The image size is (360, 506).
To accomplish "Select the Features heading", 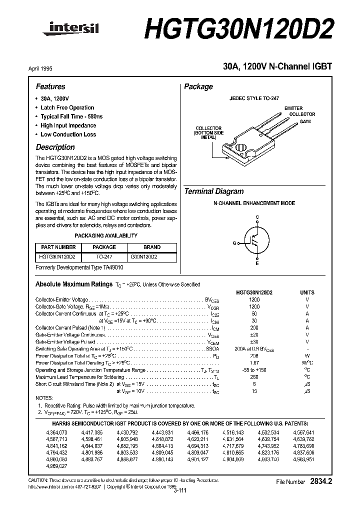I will pos(50,86).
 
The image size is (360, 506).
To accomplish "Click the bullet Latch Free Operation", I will pos(67,107).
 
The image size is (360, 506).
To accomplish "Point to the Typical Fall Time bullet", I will pos(71,116).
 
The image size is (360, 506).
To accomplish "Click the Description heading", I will pos(55,147).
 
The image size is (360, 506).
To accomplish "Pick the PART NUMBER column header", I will pos(58,247).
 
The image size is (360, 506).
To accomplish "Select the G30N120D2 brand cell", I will pos(143,256).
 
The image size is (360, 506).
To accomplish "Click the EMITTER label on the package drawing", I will pos(293,108).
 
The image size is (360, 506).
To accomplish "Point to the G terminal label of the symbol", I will pos(234,242).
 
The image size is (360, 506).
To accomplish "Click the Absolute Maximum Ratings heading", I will pos(73,284).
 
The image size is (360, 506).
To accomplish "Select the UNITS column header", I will pos(307,292).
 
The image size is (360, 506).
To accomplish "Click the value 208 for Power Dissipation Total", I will pos(254,355).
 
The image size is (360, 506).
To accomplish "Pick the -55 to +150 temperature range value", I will pos(254,369).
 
